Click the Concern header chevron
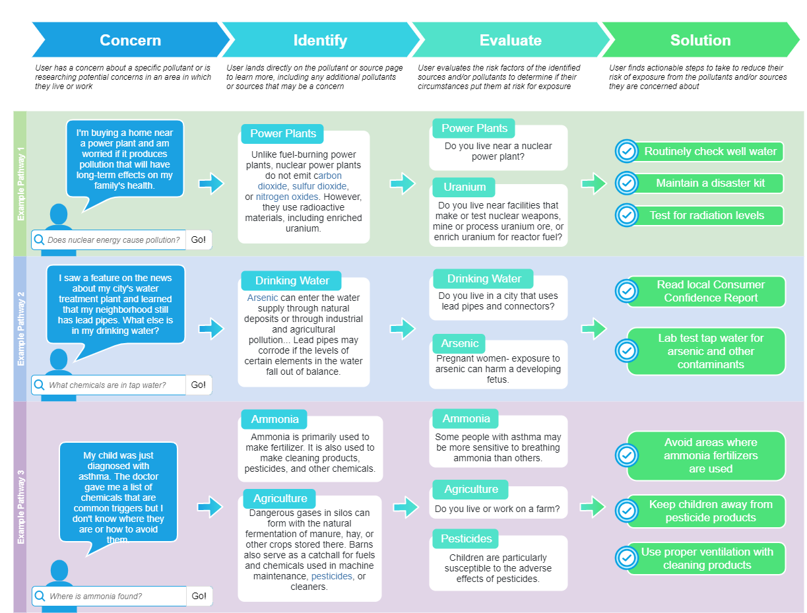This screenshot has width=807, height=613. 130,40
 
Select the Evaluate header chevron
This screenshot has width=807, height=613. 510,40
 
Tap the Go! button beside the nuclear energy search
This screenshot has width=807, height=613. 199,240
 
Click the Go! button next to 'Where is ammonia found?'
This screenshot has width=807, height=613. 199,596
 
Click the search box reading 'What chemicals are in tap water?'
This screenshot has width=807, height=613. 109,385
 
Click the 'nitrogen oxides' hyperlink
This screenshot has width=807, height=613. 286,197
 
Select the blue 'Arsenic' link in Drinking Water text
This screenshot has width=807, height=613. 263,298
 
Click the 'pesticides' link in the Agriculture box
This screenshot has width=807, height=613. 331,576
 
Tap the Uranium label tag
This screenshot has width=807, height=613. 465,187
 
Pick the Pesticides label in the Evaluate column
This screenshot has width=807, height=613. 466,538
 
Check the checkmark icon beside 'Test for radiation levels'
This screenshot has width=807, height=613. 626,215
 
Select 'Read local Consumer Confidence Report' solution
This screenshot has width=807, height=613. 710,291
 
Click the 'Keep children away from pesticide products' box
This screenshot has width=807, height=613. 710,511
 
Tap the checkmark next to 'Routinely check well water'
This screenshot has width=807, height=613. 626,151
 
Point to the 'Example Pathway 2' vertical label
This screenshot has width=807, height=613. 20,329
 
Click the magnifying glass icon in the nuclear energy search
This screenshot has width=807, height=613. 40,240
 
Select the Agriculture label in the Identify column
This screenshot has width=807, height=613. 280,498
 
